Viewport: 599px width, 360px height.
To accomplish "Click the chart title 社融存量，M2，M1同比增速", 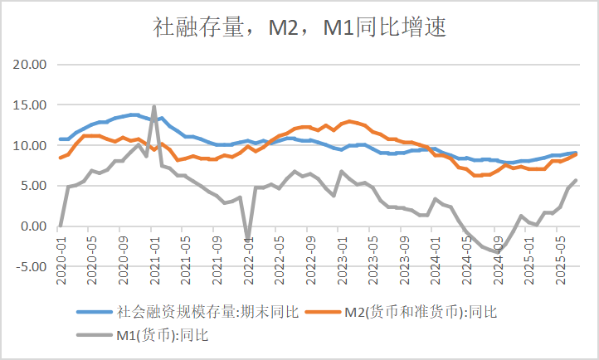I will tap(300, 29).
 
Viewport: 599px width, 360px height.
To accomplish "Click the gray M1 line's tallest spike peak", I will tap(154, 106).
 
